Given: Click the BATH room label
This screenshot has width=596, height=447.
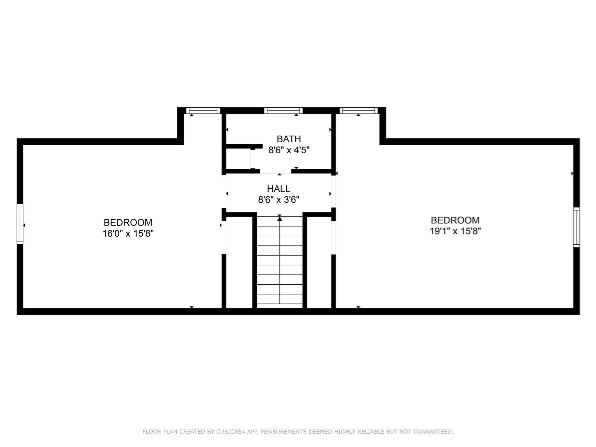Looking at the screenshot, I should tap(288, 139).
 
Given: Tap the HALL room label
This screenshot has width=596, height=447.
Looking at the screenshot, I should tap(279, 189).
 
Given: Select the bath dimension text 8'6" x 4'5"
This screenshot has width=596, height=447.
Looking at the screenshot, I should tap(288, 150).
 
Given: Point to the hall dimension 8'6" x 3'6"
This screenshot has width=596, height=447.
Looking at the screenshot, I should tap(279, 200).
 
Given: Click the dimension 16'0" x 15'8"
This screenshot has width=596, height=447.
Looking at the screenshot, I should tap(128, 233).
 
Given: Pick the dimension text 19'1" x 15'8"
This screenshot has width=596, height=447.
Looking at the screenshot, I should tap(455, 231).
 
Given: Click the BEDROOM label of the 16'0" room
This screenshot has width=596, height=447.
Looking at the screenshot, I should tap(128, 222).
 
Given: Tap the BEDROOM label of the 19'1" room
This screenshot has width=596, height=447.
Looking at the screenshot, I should tap(455, 220).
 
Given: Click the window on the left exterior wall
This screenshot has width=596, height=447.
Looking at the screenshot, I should tap(20, 224).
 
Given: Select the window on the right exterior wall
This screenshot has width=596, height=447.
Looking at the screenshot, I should tap(576, 227).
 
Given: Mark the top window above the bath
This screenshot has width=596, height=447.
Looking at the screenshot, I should tap(283, 111).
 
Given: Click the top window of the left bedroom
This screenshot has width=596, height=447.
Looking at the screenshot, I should tap(203, 111).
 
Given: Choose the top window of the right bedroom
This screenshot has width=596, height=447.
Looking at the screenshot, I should tap(359, 111).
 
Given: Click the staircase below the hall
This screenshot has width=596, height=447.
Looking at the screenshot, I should tap(280, 262).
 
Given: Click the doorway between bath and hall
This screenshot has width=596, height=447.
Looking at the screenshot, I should tap(275, 171).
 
